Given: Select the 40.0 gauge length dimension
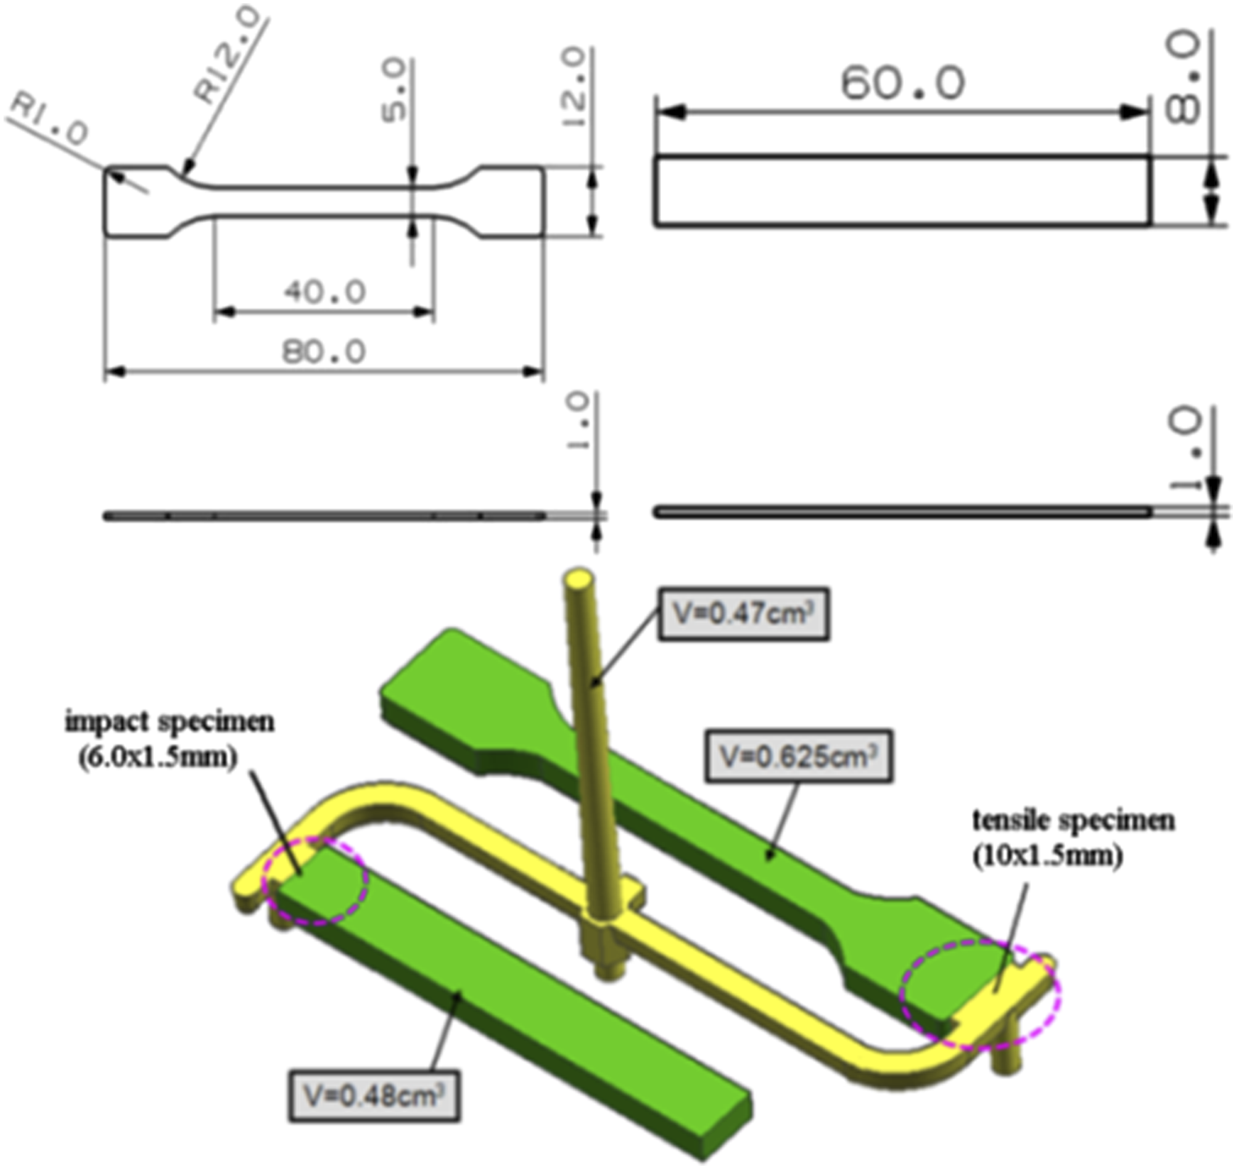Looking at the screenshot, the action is pyautogui.click(x=324, y=292).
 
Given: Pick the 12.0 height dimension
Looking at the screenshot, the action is pyautogui.click(x=574, y=88).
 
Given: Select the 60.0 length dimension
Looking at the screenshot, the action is pyautogui.click(x=902, y=83).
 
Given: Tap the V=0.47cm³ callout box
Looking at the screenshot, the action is pyautogui.click(x=744, y=614).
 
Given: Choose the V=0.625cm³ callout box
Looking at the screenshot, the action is pyautogui.click(x=799, y=757).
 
